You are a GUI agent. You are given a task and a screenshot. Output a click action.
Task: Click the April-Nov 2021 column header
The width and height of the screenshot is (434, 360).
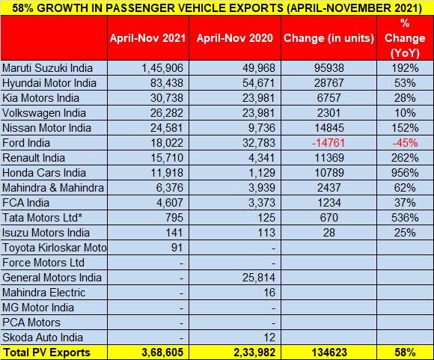(x=147, y=38)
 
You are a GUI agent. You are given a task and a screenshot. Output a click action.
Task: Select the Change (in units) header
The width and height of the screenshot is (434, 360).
(x=328, y=38)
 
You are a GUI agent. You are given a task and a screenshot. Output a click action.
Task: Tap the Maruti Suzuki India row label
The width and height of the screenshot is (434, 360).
(x=47, y=68)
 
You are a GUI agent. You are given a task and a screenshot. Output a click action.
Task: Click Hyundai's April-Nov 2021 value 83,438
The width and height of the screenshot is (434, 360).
(x=167, y=83)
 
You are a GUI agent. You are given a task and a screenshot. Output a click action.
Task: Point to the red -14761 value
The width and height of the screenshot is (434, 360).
(x=328, y=143)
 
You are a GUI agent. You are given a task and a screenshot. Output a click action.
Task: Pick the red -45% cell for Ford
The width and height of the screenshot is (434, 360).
(x=405, y=143)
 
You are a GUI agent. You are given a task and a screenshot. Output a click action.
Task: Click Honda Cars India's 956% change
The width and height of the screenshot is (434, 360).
(x=405, y=173)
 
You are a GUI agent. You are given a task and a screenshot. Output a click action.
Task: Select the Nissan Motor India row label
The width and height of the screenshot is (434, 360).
(x=46, y=128)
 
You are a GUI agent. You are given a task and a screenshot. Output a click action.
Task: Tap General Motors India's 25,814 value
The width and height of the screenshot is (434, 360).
(x=258, y=278)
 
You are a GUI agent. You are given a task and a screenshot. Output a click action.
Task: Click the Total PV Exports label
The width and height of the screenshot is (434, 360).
(x=46, y=353)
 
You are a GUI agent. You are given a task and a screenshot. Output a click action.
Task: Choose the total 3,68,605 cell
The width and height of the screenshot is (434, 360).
(x=162, y=353)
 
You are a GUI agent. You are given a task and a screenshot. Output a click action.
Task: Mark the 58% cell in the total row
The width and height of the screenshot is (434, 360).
(x=405, y=353)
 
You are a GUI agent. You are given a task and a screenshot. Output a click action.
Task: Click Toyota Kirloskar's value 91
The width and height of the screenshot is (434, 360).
(x=177, y=248)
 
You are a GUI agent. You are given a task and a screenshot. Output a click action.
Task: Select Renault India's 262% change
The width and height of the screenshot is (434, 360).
(x=405, y=158)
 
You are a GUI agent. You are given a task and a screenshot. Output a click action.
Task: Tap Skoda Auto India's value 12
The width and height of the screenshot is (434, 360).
(x=269, y=338)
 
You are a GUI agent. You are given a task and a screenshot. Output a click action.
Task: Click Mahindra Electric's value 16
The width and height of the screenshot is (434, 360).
(x=269, y=293)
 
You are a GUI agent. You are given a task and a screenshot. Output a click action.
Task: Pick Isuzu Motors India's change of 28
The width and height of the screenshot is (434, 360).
(x=328, y=233)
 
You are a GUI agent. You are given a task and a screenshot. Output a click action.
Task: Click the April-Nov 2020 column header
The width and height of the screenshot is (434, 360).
(x=235, y=38)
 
